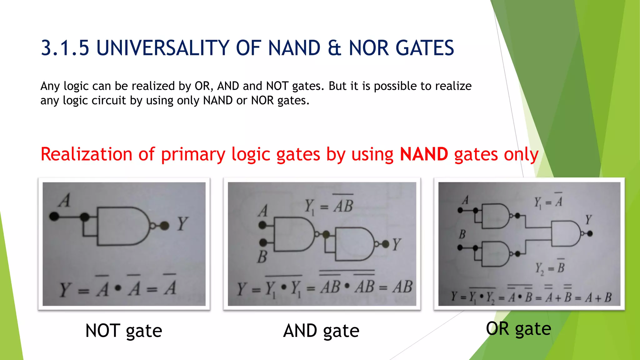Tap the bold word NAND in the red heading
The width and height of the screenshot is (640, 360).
tap(424, 154)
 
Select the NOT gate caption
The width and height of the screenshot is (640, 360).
tap(124, 331)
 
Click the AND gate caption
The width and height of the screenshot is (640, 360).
tap(321, 331)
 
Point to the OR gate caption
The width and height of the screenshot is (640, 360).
tap(518, 329)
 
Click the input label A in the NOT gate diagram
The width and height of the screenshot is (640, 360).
tap(65, 200)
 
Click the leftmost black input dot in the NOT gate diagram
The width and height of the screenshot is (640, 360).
tap(54, 216)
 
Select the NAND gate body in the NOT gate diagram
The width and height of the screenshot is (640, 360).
tap(122, 226)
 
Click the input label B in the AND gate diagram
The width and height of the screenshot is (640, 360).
tap(262, 257)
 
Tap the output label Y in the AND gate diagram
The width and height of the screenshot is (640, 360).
tap(396, 244)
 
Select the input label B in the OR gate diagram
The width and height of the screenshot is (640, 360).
tap(462, 234)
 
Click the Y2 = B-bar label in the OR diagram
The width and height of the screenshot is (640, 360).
tap(550, 267)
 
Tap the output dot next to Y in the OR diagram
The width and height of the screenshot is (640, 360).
tap(590, 233)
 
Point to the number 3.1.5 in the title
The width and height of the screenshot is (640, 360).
tap(65, 48)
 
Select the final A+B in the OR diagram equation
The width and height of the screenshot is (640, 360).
tap(598, 297)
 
